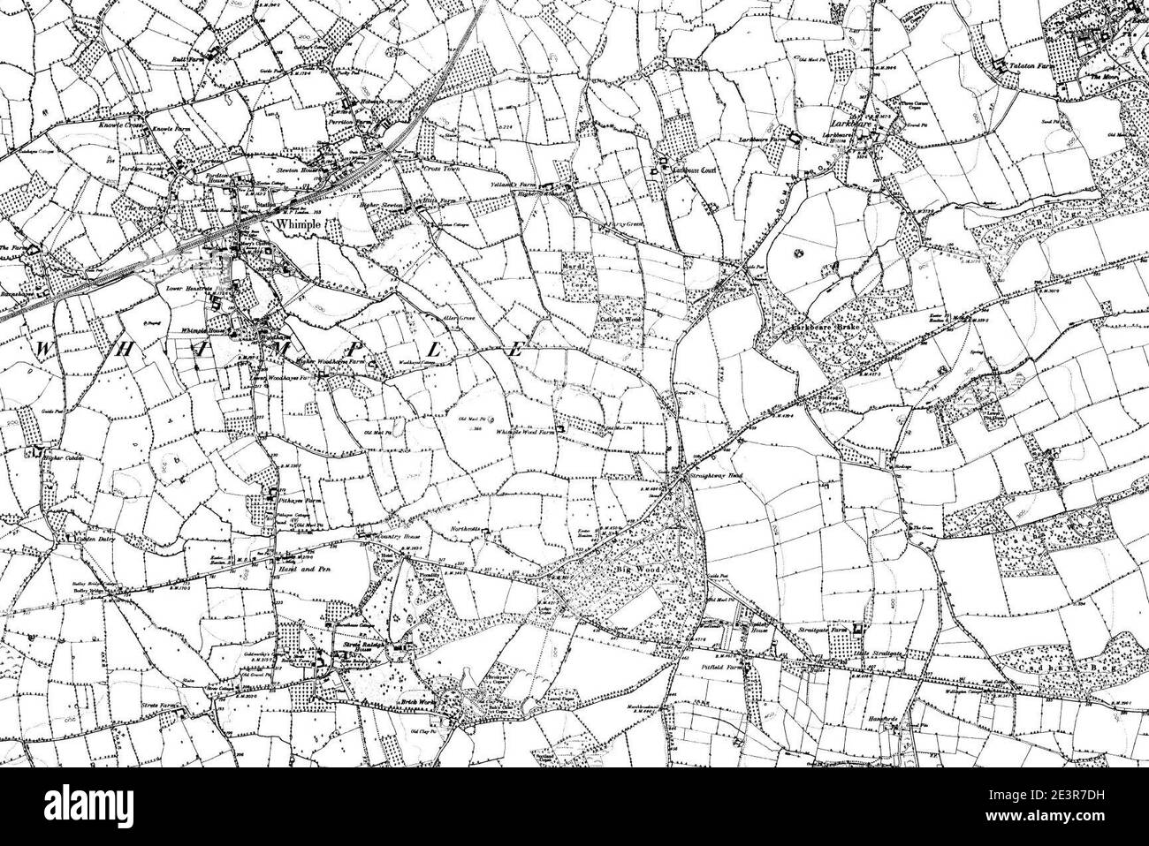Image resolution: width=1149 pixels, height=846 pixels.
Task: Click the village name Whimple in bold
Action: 295,225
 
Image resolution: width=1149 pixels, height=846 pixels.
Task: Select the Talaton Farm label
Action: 1026,65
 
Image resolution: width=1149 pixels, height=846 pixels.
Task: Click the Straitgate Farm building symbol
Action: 856,629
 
